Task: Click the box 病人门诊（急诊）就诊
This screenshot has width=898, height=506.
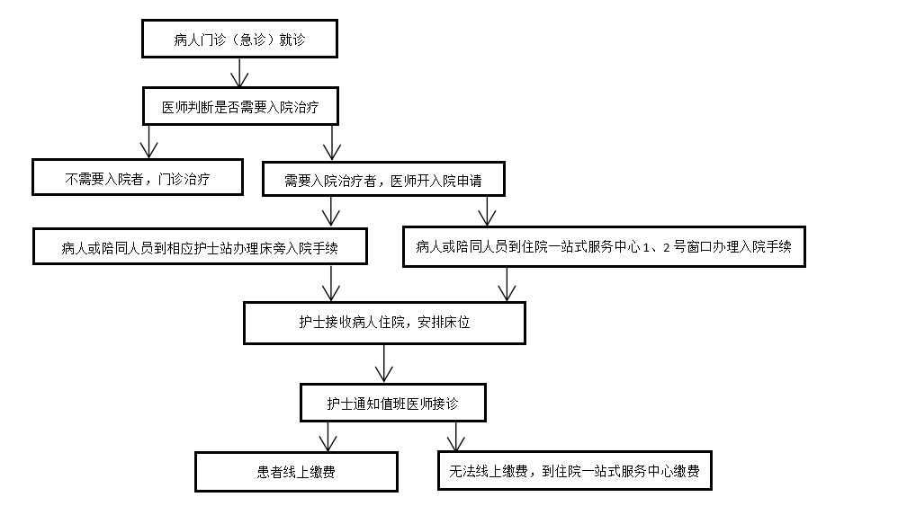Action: click(x=239, y=39)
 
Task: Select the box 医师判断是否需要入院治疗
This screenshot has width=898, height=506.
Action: click(x=240, y=106)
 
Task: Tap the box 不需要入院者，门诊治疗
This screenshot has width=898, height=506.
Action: click(x=138, y=177)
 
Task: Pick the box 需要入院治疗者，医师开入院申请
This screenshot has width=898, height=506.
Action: click(x=383, y=179)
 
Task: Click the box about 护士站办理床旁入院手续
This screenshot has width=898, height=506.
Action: click(x=200, y=246)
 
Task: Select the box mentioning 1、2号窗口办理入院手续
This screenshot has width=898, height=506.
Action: click(x=604, y=246)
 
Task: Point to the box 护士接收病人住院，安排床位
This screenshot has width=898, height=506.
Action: click(x=384, y=323)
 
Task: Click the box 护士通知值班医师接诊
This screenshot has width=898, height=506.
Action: click(x=393, y=403)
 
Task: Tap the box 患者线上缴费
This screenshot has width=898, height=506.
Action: click(x=296, y=472)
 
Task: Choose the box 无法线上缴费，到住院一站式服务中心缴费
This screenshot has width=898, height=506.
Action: click(x=574, y=471)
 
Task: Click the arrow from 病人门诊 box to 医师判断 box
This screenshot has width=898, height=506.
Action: click(x=239, y=73)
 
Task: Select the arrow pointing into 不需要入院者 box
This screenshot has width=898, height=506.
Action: click(x=148, y=142)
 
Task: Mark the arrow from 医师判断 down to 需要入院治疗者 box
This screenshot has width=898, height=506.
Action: click(x=332, y=143)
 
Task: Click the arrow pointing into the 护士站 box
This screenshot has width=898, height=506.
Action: click(x=331, y=212)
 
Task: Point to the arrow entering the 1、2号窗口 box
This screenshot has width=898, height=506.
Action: click(x=487, y=211)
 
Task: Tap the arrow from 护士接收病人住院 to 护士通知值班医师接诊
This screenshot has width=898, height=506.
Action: click(x=383, y=364)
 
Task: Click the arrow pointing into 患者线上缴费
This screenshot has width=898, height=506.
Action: click(x=328, y=437)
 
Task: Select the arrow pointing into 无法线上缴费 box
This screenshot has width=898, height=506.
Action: click(x=456, y=436)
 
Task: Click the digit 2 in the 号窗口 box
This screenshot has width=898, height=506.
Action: click(x=666, y=247)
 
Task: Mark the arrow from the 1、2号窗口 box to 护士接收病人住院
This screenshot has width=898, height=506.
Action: click(x=507, y=284)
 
